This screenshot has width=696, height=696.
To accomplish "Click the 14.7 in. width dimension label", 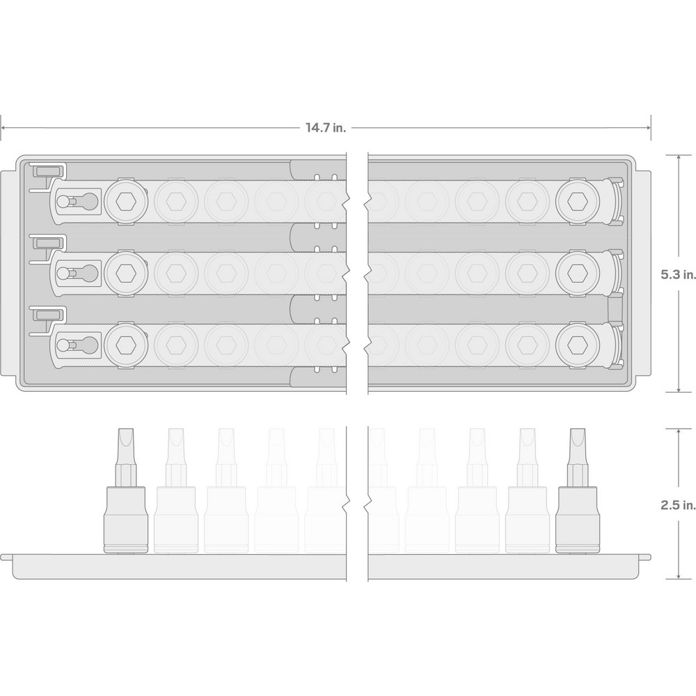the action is (x=325, y=128).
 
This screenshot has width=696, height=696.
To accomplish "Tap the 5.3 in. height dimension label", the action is (x=678, y=274).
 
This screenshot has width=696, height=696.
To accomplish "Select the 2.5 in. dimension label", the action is (x=678, y=505).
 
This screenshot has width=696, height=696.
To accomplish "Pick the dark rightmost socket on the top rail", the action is (x=578, y=202).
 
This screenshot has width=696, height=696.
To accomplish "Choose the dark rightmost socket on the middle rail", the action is (x=578, y=274).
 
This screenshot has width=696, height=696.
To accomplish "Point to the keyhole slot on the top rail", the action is (x=78, y=202).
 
